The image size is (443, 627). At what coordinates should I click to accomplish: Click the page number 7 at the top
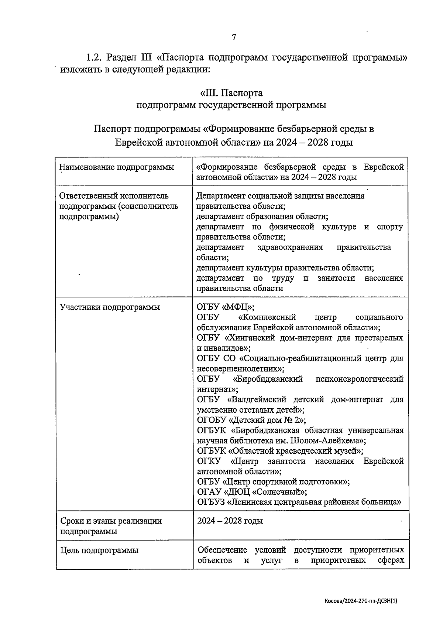coord(233,37)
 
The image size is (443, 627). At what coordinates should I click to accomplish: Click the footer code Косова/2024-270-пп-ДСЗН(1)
coord(360,601)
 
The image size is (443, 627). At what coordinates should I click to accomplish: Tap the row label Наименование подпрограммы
coord(117,167)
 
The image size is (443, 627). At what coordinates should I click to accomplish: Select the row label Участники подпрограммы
coord(110,307)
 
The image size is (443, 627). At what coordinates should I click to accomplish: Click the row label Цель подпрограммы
coord(99,550)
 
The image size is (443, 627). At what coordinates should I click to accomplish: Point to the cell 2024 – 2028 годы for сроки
coord(230,521)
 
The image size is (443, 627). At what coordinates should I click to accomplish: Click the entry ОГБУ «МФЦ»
coord(226,307)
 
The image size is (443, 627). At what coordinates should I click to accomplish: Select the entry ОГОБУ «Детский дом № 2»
coord(251,420)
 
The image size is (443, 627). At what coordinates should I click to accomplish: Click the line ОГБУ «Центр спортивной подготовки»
coord(274,482)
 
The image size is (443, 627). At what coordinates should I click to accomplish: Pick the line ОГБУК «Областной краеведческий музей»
coord(280,451)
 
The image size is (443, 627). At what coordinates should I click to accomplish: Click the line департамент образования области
coord(262,217)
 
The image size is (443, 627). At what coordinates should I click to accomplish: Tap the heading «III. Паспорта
coord(231,92)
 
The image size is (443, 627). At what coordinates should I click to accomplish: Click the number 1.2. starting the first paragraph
coord(94,58)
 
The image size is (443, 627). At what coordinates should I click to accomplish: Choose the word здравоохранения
coord(290,247)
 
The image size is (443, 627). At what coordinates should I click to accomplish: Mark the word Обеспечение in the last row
coord(222,550)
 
